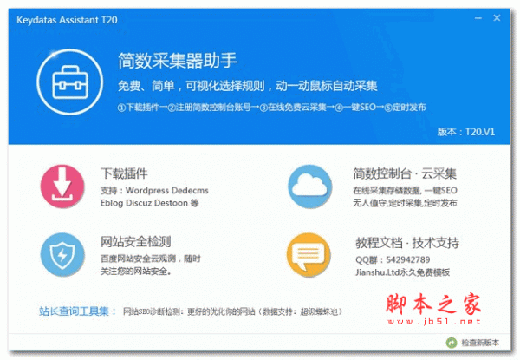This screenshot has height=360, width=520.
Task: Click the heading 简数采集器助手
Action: [x=178, y=61]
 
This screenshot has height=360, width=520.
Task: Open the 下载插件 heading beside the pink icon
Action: [x=124, y=172]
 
